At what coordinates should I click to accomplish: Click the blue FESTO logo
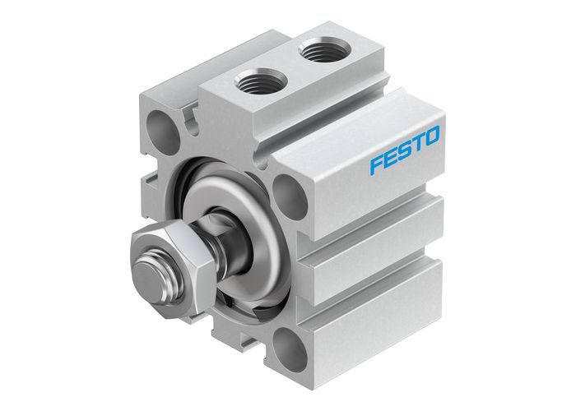click(x=405, y=148)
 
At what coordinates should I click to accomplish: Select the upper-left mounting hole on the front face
click(x=160, y=125)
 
